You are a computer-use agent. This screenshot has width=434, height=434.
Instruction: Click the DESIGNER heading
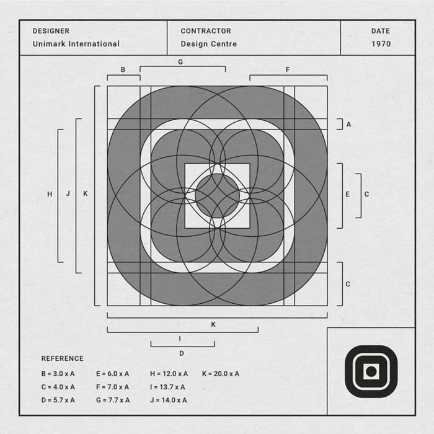tap(51, 31)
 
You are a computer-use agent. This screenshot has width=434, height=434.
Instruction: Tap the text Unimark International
tap(76, 44)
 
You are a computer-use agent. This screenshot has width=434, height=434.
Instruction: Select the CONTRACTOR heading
tap(206, 31)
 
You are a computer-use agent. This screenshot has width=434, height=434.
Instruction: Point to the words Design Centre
tap(209, 44)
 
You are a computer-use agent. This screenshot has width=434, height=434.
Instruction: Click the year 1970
tap(381, 44)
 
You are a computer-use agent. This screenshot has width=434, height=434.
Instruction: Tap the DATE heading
tap(381, 31)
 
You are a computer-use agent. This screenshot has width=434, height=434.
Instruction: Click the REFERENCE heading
tap(62, 358)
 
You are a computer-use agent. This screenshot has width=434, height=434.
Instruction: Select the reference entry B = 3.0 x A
tap(58, 374)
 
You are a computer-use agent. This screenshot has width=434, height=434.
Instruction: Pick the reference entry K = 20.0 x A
tap(221, 374)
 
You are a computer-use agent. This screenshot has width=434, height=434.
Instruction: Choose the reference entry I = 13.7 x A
tap(167, 387)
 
